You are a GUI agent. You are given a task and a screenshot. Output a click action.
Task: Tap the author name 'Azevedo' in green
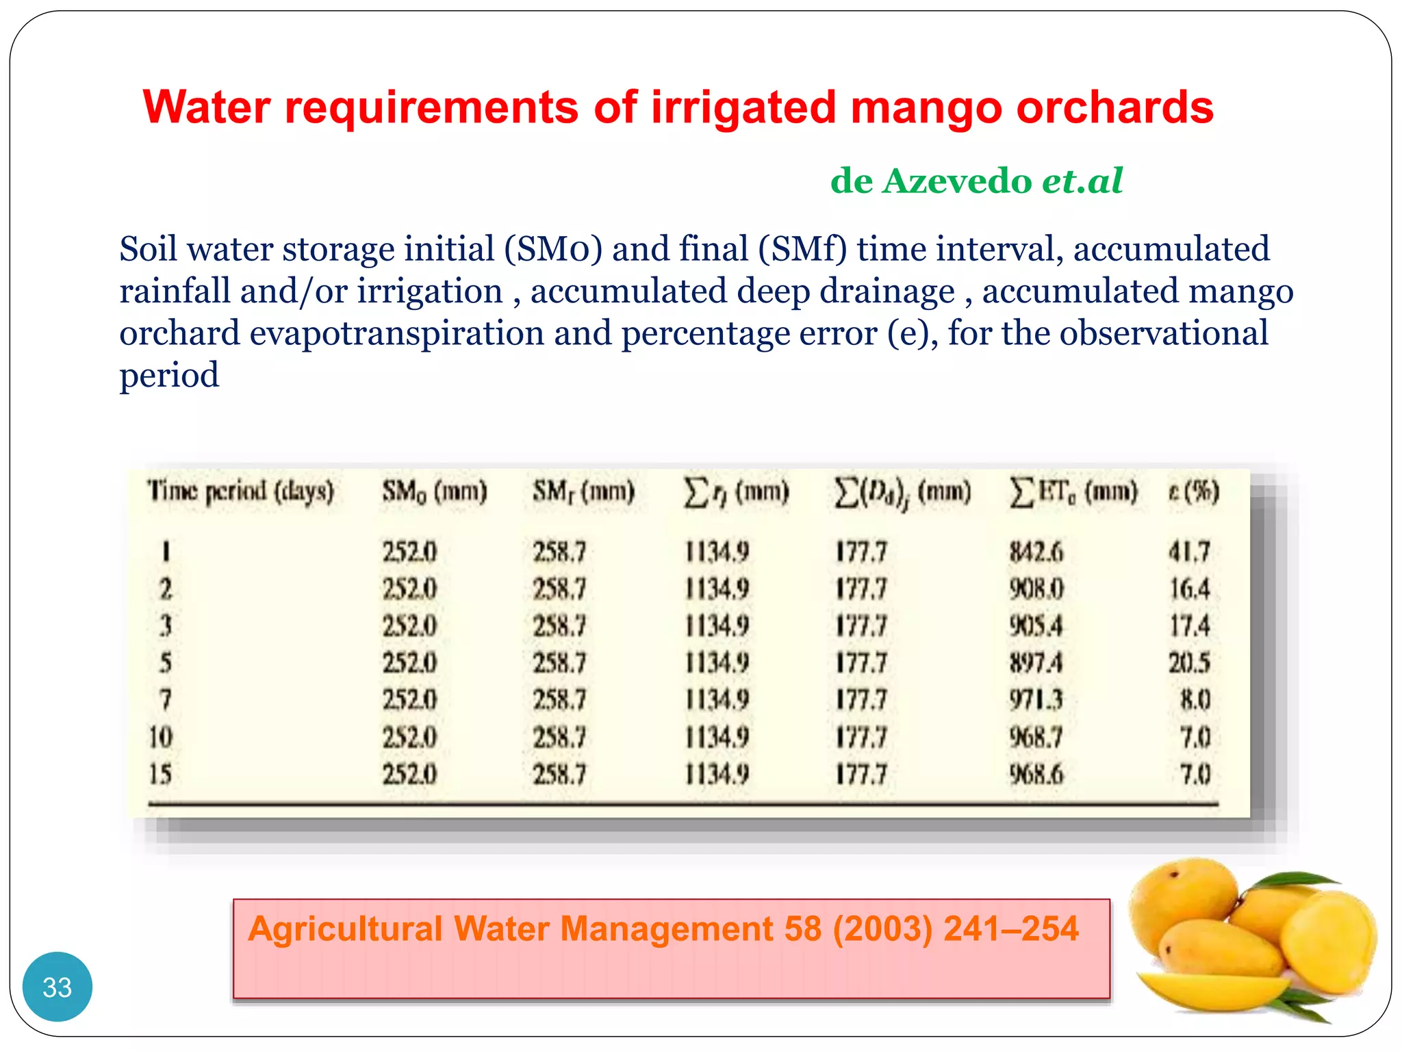957,181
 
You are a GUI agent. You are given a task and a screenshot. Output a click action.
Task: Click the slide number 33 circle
57,987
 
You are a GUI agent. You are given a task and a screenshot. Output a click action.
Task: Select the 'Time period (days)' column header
240,492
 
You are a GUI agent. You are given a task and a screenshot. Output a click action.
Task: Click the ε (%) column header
1193,492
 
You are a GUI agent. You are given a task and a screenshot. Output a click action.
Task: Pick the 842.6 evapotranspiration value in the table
1036,552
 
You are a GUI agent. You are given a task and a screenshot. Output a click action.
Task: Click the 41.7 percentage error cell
1189,552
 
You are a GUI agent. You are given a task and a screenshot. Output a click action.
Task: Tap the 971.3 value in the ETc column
1036,700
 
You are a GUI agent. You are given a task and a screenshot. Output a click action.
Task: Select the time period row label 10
161,738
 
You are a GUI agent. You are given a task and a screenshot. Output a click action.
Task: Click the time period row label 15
161,775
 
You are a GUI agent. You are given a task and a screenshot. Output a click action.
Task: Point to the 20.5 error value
1189,663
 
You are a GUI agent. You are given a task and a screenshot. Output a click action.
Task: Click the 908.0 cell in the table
1036,589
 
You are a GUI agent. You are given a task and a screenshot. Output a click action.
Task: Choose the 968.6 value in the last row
1036,775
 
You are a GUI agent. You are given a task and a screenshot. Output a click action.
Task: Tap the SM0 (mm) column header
434,492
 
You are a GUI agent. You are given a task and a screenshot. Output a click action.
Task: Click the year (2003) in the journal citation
882,929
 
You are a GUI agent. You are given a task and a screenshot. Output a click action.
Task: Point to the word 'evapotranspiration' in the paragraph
396,333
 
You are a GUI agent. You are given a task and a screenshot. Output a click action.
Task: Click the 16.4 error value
1189,589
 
